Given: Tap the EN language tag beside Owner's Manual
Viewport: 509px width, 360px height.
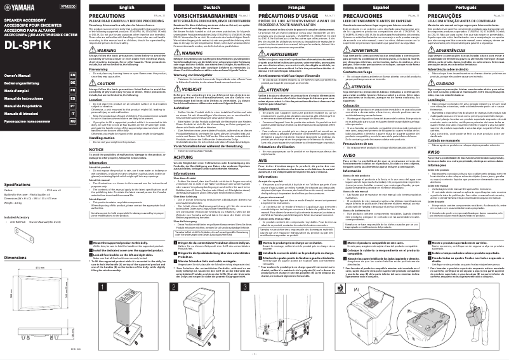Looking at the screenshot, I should [73, 75].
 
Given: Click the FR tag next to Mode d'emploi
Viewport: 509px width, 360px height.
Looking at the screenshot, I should [73, 93].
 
